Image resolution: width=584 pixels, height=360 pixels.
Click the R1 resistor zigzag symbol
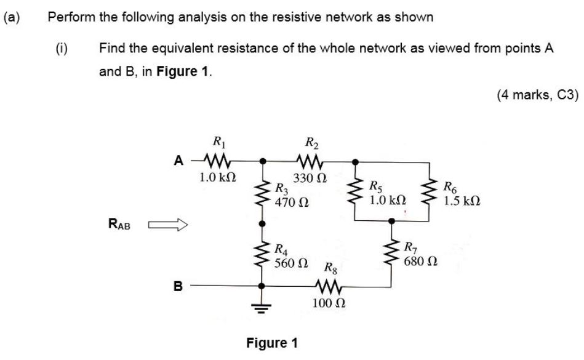point(217,162)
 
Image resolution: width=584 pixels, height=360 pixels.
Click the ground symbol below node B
point(262,306)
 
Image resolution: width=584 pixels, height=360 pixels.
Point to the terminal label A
point(179,161)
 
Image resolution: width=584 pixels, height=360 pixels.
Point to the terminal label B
point(178,286)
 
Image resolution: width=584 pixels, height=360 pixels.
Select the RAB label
point(119,225)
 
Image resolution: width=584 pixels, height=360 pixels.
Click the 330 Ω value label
point(310,178)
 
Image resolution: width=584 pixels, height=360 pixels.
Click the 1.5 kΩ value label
point(462,201)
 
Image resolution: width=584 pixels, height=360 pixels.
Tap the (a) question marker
point(11,17)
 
